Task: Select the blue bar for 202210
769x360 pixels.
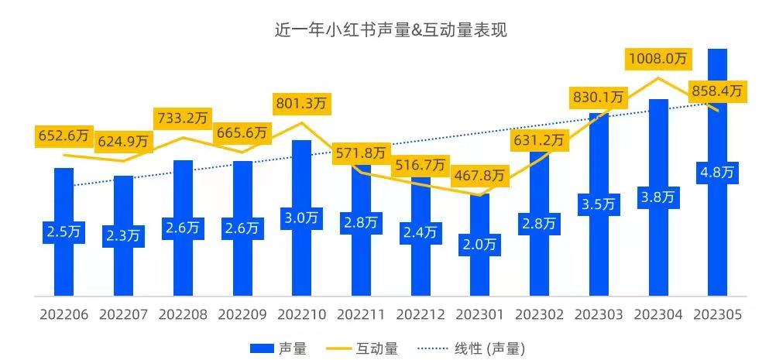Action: [x=301, y=255]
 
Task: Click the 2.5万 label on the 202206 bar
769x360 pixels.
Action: [x=64, y=231]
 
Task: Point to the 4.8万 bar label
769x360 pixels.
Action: [x=717, y=172]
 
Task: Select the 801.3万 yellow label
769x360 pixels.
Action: [x=301, y=103]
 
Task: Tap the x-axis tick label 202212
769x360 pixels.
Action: [x=421, y=315]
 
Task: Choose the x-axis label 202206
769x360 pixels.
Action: [x=64, y=315]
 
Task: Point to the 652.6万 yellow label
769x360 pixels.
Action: [x=64, y=135]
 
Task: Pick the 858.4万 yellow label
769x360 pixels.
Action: [x=716, y=91]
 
